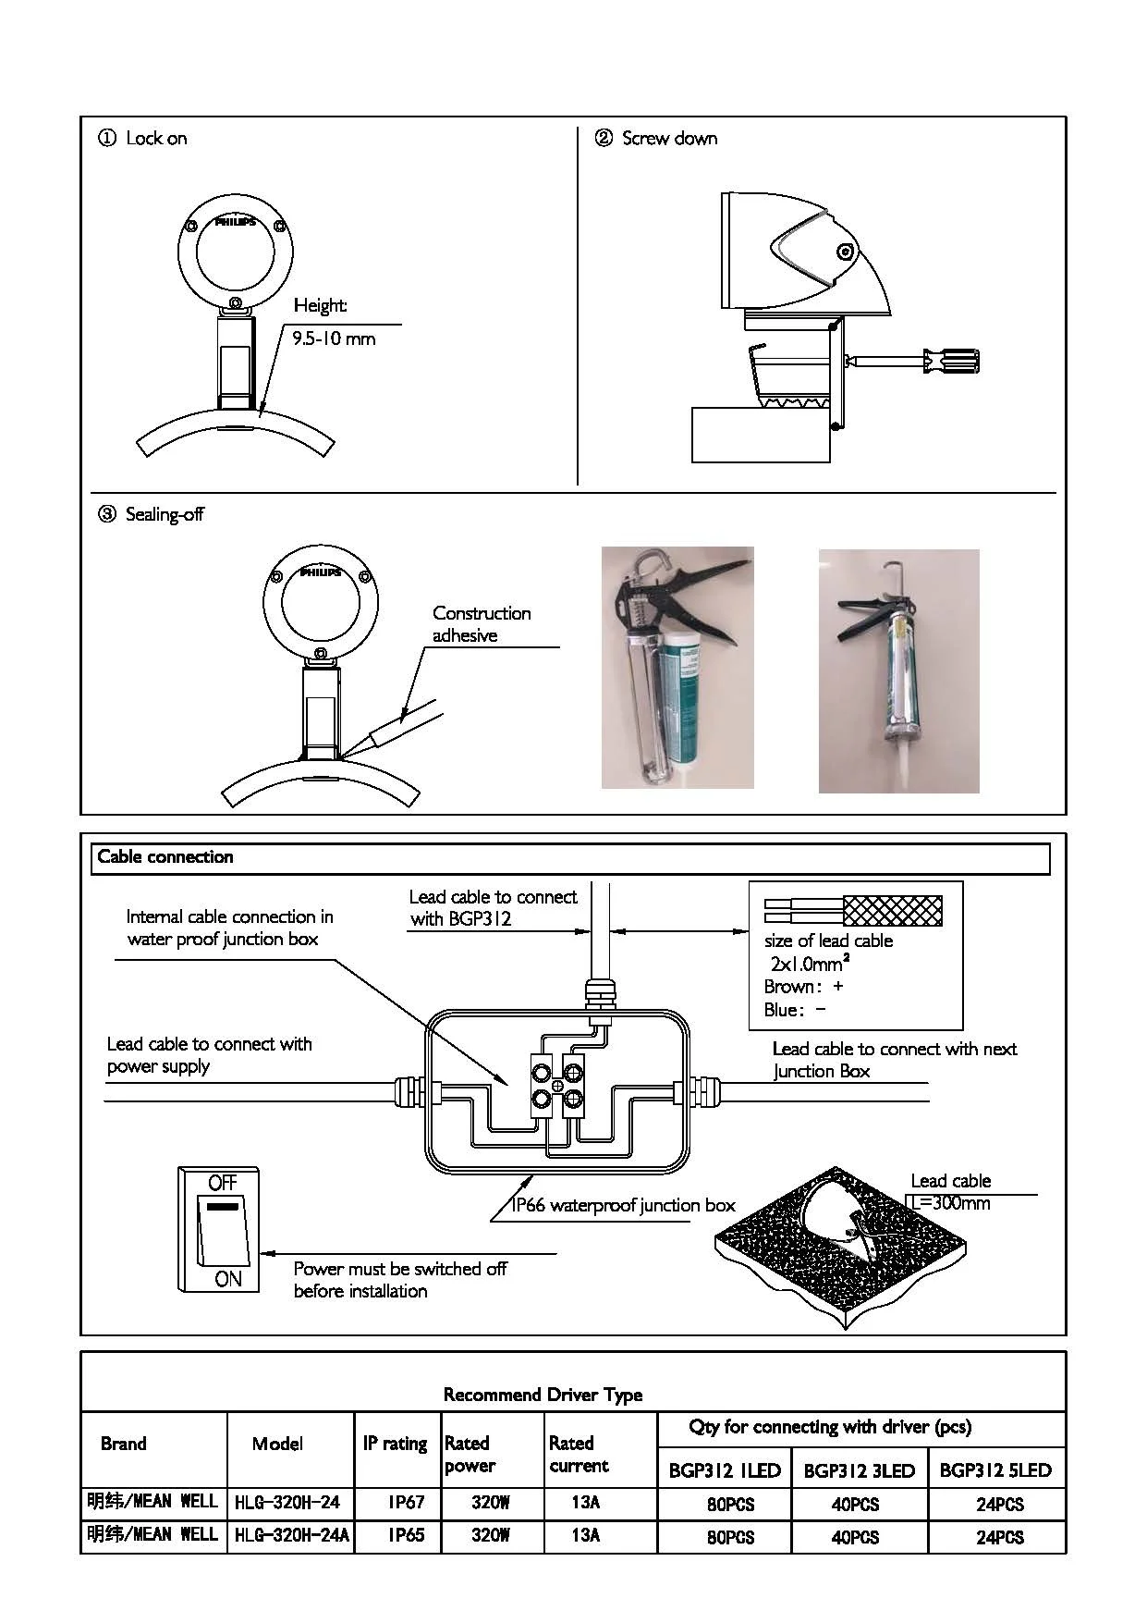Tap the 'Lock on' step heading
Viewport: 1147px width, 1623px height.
(x=155, y=139)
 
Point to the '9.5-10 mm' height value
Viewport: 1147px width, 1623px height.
(x=334, y=338)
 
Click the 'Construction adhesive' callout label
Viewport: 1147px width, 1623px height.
(x=481, y=624)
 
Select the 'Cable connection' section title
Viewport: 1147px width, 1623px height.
(x=165, y=857)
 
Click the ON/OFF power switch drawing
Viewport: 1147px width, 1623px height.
(x=219, y=1229)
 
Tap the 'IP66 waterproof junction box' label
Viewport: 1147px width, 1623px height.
(x=624, y=1205)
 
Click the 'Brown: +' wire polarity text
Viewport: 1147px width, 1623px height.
(x=803, y=986)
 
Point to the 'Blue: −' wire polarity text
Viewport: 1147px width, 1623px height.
(x=795, y=1010)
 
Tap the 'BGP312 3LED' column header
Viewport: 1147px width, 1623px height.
(x=859, y=1470)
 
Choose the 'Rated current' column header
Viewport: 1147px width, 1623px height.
(x=580, y=1454)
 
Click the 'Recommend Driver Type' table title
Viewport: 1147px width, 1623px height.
(x=543, y=1395)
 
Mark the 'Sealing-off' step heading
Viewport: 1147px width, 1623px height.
(x=164, y=514)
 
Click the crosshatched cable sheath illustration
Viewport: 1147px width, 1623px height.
(x=893, y=911)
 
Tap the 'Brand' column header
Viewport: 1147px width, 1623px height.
(x=124, y=1444)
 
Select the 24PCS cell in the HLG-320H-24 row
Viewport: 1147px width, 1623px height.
(x=999, y=1504)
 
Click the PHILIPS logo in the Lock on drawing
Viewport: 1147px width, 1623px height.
(x=235, y=222)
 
